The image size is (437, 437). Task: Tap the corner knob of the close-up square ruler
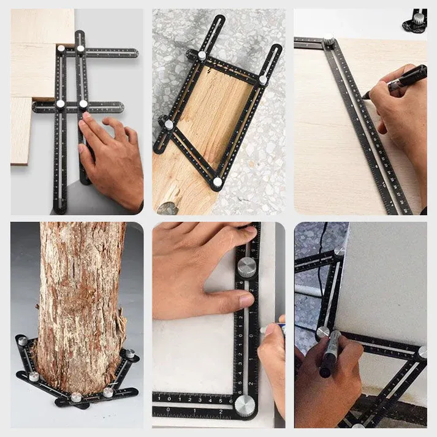[246, 404]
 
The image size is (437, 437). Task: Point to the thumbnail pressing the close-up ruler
[246, 300]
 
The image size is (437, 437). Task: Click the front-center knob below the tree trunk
[77, 397]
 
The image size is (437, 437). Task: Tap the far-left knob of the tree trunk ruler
[22, 341]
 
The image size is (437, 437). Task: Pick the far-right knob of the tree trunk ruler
[129, 354]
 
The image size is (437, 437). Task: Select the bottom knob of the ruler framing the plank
[217, 182]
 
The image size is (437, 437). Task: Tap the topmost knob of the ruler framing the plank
[202, 55]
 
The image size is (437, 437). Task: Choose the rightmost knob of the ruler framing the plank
[263, 80]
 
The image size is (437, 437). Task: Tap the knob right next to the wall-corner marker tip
[322, 332]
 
